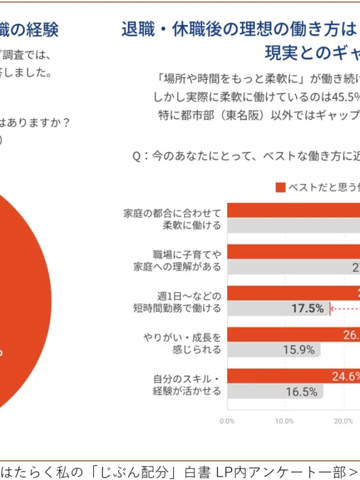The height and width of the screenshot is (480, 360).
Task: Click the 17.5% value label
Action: click(307, 308)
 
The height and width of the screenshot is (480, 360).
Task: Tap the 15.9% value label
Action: click(299, 350)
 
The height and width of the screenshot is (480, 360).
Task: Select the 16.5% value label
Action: click(301, 392)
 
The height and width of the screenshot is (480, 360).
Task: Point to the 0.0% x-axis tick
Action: click(227, 421)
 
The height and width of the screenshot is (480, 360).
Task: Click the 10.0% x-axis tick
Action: click(285, 421)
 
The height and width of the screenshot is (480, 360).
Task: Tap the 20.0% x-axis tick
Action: click(343, 421)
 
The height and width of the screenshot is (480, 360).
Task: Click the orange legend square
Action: click(280, 187)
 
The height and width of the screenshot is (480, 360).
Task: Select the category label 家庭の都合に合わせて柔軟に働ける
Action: click(172, 218)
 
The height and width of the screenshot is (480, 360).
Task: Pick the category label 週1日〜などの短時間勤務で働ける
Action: click(181, 302)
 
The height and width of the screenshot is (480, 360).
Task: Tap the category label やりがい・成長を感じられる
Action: click(182, 343)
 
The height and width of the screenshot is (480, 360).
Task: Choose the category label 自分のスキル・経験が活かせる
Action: click(187, 385)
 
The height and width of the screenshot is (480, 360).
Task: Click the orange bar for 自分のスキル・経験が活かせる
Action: click(270, 376)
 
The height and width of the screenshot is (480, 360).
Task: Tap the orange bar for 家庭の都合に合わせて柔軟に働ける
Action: click(292, 210)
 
